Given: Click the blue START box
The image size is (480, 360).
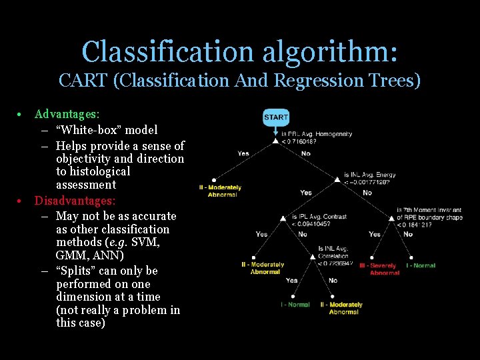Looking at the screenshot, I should tap(276, 117).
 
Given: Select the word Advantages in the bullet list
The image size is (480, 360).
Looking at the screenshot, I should tap(66, 114).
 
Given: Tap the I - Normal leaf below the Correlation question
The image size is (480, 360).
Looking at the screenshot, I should tap(295, 305).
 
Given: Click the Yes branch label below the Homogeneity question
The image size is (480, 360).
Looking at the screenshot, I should tap(243, 153).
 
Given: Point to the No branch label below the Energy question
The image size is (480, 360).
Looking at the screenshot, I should tap(367, 193).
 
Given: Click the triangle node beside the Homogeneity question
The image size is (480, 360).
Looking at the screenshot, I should tap(275, 139).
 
